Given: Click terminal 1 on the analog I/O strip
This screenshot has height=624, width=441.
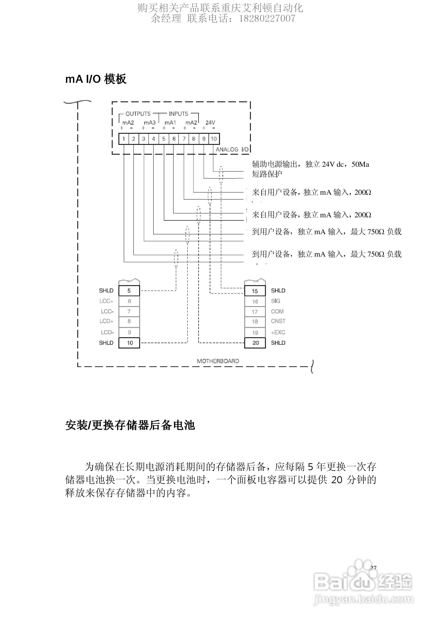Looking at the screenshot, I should [124, 139].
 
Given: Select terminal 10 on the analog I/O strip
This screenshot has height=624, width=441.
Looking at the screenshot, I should [214, 139].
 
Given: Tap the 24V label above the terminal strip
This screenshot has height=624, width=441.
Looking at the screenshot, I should [210, 123].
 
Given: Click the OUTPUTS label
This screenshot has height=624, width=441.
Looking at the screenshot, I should [138, 114].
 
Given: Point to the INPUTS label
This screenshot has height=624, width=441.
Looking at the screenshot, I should [178, 114].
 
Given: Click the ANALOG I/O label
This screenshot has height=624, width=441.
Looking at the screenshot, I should [232, 150].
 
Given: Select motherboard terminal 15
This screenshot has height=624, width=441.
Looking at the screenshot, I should [255, 291].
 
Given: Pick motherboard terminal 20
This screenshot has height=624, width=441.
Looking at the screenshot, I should [255, 343].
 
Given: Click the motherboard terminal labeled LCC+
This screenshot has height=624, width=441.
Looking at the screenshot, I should [129, 301].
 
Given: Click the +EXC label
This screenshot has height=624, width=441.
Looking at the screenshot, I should [278, 332].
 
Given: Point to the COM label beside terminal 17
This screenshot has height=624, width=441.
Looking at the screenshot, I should [277, 311].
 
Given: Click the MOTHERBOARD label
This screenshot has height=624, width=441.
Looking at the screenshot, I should [218, 361].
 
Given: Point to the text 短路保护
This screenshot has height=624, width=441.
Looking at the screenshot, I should [267, 174].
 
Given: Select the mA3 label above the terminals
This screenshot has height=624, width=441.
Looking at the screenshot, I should [150, 123].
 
